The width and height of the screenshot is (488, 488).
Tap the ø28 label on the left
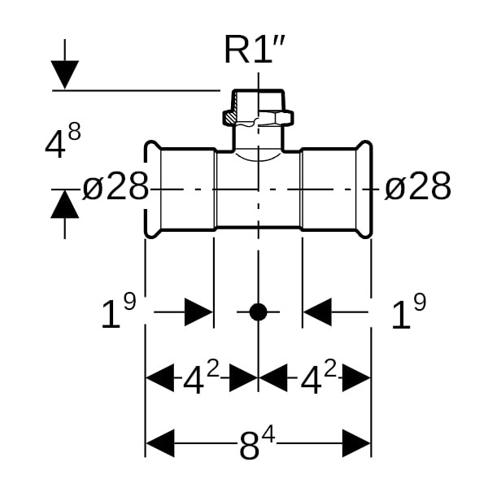(x=115, y=188)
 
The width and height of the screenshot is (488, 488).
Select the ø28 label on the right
(x=417, y=188)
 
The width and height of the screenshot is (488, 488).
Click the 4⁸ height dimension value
(x=63, y=142)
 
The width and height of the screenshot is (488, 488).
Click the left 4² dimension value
(x=200, y=378)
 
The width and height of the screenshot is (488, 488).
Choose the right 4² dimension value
(x=318, y=378)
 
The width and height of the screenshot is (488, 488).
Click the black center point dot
(x=258, y=312)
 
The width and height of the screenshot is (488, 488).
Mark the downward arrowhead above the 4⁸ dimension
(x=65, y=76)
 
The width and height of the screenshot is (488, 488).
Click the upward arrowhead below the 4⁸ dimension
(x=65, y=204)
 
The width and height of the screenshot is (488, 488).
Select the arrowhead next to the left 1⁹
(x=198, y=312)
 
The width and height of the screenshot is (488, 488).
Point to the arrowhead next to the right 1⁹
(x=318, y=312)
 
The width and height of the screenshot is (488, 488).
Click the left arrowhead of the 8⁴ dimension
(x=159, y=444)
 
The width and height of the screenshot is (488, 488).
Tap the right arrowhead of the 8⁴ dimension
(x=357, y=444)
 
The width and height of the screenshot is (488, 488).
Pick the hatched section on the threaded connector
(x=232, y=119)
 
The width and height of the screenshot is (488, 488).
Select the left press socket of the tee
(x=181, y=190)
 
